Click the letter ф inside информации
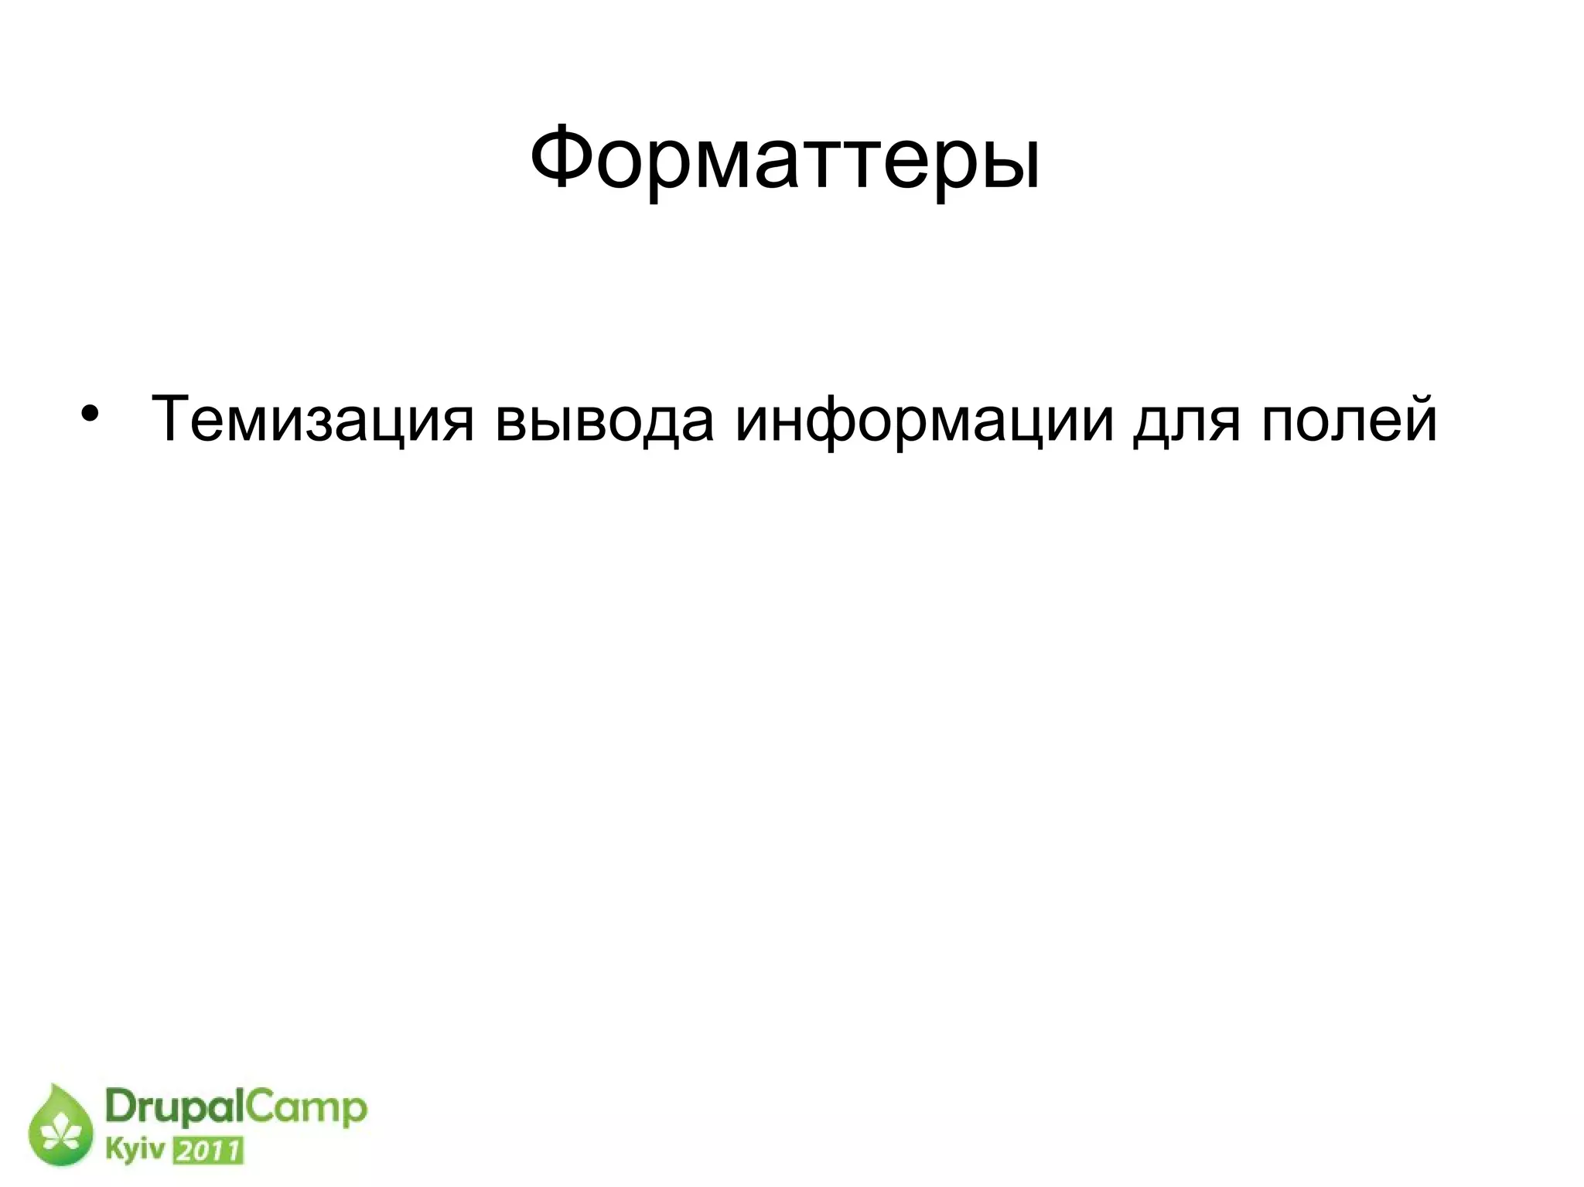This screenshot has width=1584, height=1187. tap(830, 423)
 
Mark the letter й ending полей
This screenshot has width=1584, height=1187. tap(1420, 418)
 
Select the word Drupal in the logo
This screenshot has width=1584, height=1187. tap(173, 1109)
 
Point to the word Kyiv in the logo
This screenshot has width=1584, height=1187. tap(135, 1150)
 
